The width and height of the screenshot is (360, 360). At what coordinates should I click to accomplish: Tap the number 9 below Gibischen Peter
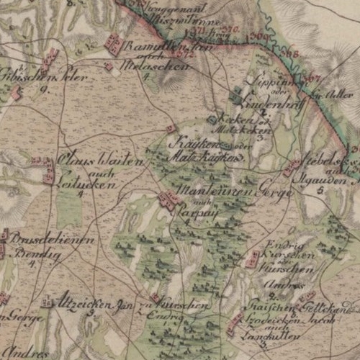44,89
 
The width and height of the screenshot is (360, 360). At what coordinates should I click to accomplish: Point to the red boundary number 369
260,36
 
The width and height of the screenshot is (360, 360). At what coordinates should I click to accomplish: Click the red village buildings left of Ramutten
113,45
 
